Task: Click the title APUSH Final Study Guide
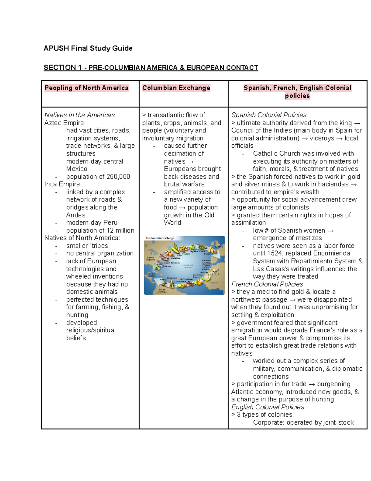click(x=88, y=48)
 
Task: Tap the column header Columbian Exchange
click(x=176, y=88)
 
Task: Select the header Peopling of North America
click(x=86, y=88)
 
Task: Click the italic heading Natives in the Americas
click(x=79, y=115)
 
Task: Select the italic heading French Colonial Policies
click(x=267, y=284)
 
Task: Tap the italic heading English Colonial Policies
click(x=267, y=407)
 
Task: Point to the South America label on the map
click(x=162, y=291)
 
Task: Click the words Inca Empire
click(x=63, y=184)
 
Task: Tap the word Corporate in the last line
click(x=268, y=422)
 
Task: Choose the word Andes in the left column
click(x=76, y=215)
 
